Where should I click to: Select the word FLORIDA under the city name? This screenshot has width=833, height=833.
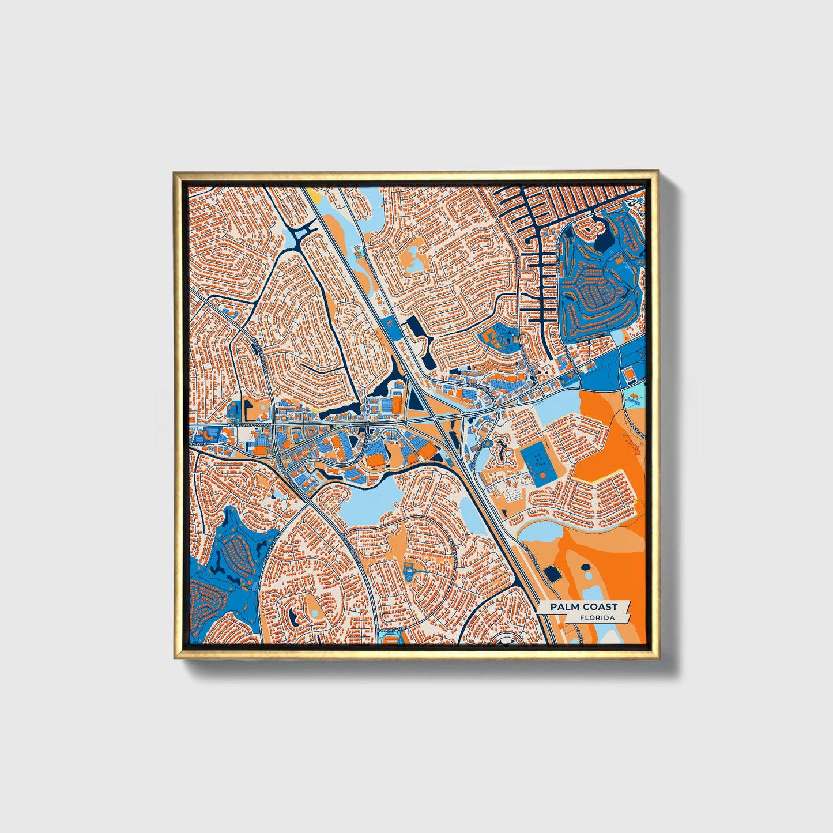597,618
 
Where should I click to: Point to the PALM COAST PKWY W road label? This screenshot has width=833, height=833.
249,425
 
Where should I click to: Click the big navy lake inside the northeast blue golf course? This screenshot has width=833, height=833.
604,238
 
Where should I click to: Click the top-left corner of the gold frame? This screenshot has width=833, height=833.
174,172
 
